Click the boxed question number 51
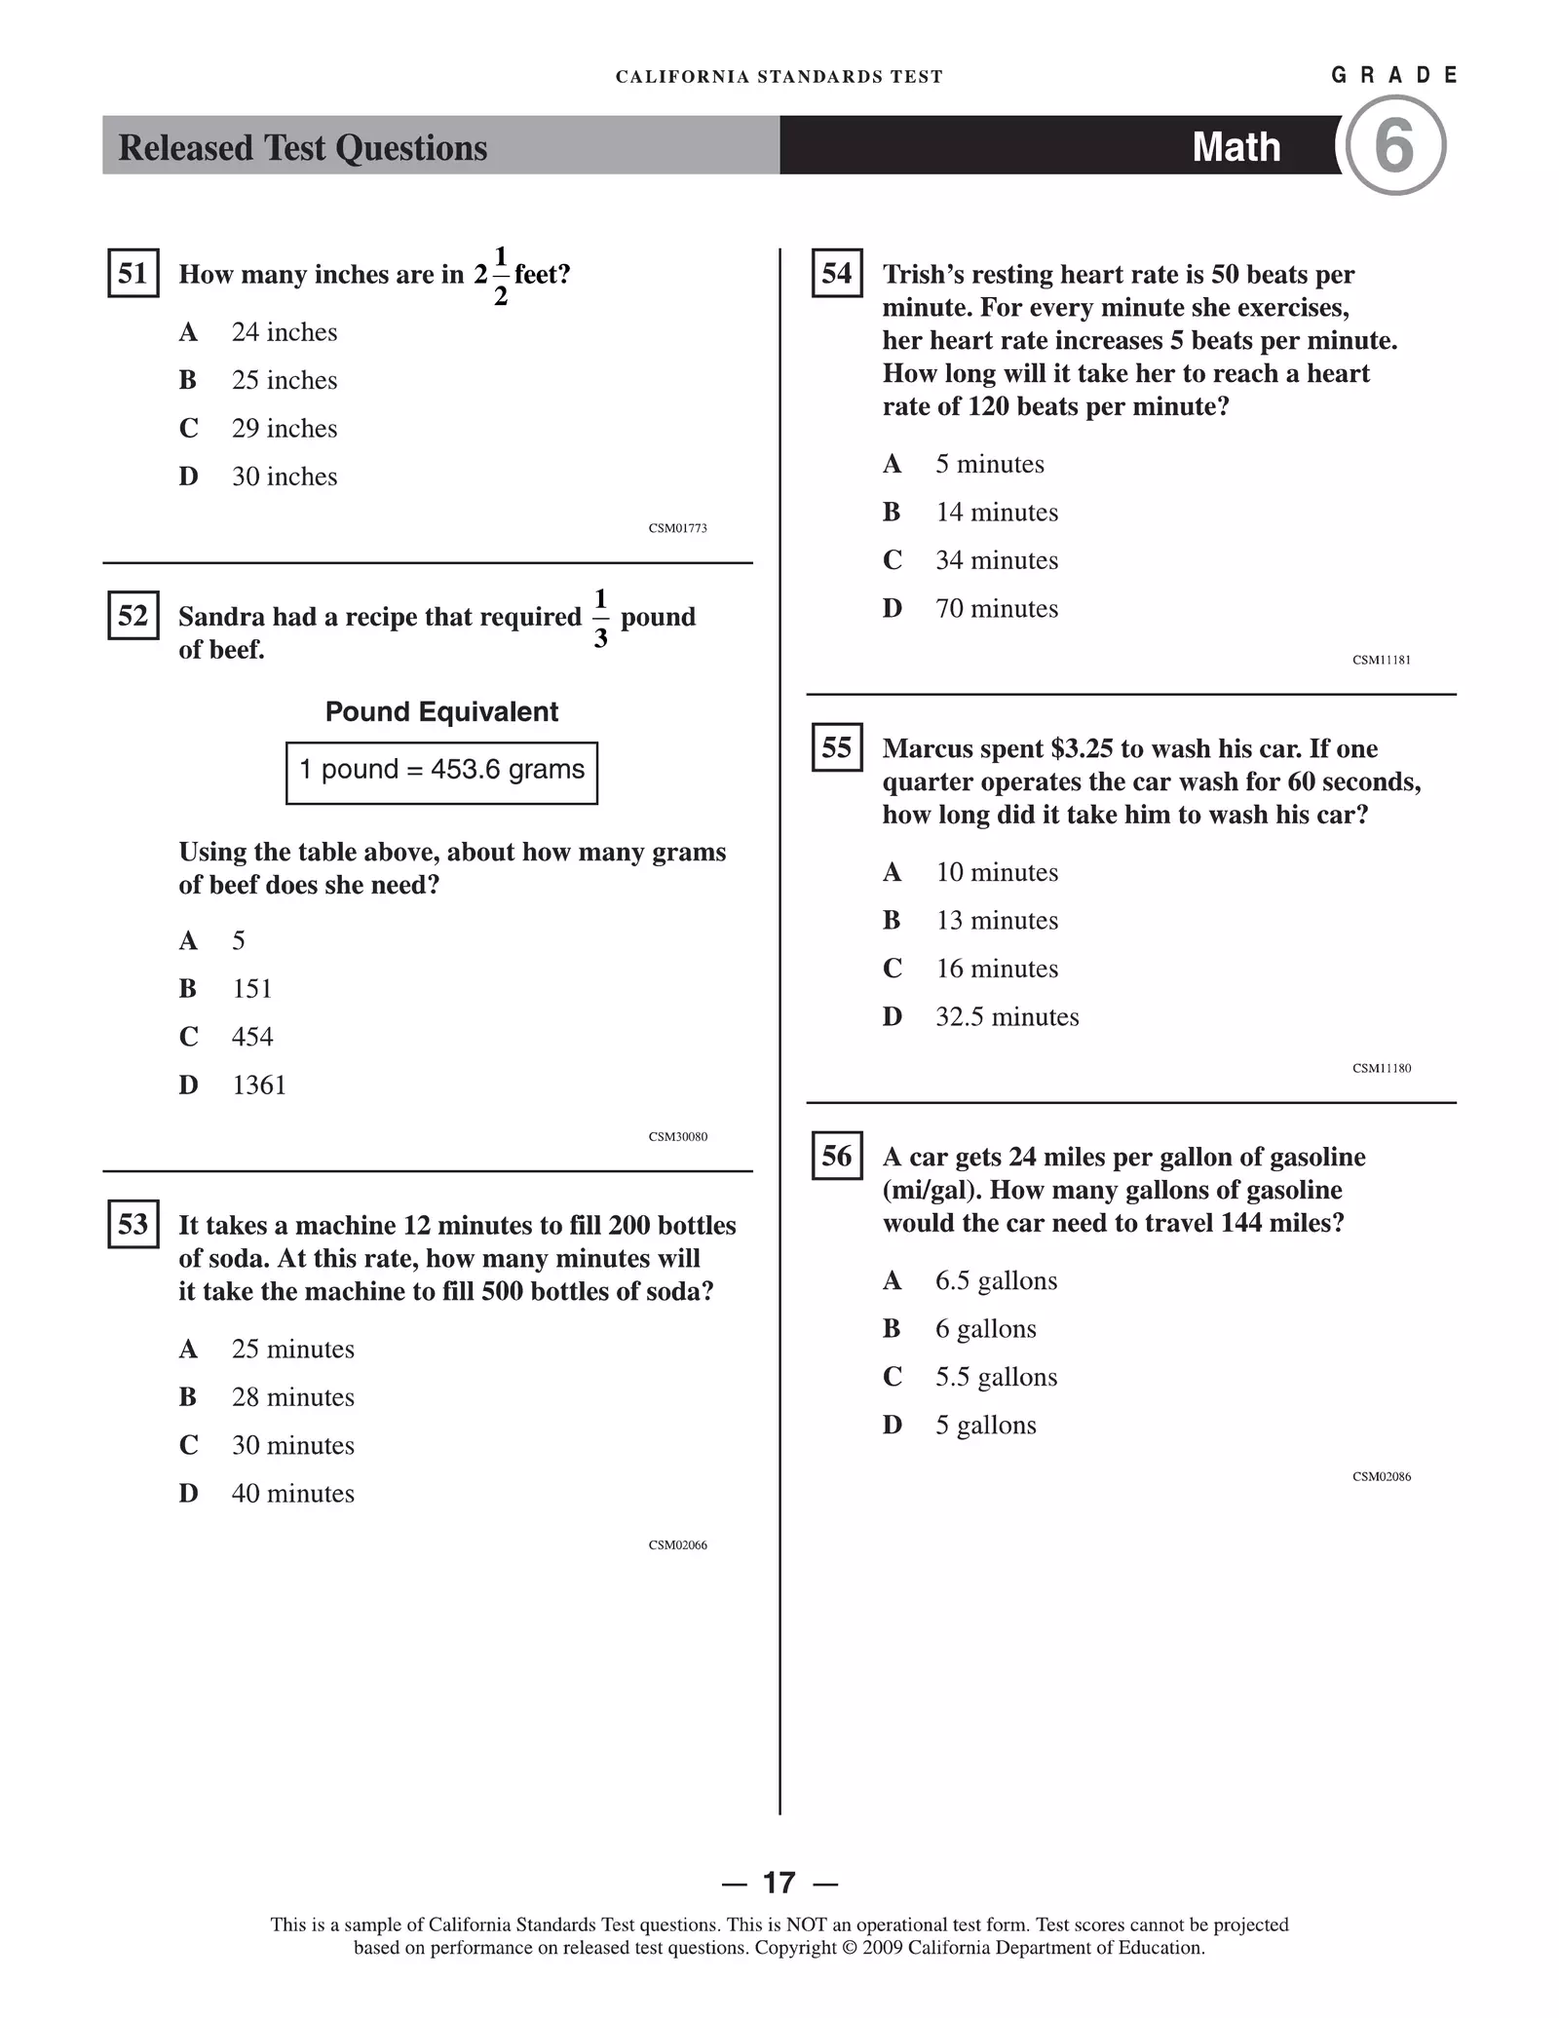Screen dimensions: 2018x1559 click(x=133, y=273)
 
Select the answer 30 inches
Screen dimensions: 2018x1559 click(x=284, y=476)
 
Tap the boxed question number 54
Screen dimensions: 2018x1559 click(x=837, y=273)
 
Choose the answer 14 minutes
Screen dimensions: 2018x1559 click(x=996, y=513)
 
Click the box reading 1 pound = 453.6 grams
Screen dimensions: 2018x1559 click(x=441, y=772)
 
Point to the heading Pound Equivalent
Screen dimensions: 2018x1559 click(x=441, y=712)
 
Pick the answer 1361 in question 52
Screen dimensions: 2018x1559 click(x=258, y=1085)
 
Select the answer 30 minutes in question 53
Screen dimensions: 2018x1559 click(x=292, y=1445)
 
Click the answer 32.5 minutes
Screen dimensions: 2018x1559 click(x=1007, y=1017)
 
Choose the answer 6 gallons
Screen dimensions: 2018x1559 click(x=985, y=1329)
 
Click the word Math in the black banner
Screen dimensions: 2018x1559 click(x=1236, y=147)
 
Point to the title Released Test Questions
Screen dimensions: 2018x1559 click(x=302, y=148)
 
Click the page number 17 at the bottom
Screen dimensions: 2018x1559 click(x=779, y=1883)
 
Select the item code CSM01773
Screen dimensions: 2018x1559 click(x=677, y=528)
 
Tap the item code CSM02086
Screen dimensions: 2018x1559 click(x=1381, y=1476)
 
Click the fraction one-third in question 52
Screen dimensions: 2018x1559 click(x=600, y=618)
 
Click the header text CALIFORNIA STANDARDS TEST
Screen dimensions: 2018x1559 click(x=779, y=77)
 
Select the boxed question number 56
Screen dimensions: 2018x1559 click(x=837, y=1157)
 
